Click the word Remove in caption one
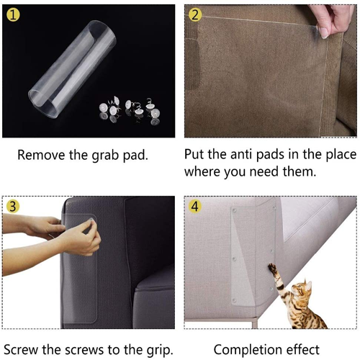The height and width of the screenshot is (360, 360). coord(40,155)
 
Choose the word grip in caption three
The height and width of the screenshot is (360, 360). coord(156,351)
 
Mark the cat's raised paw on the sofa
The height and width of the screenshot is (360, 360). coord(273,268)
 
